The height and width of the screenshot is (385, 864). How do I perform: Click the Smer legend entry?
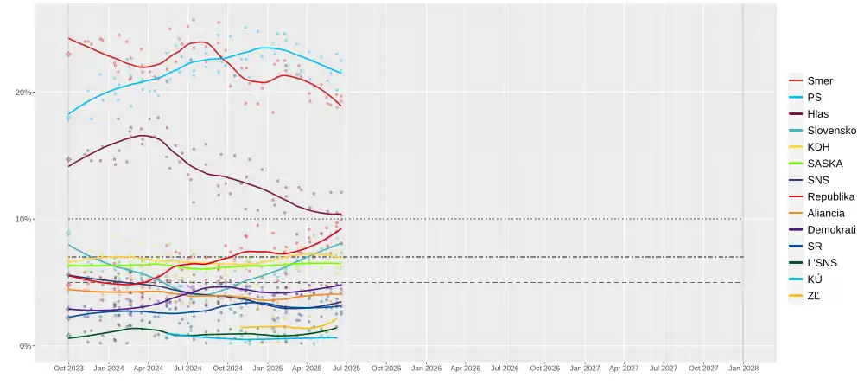tap(819, 80)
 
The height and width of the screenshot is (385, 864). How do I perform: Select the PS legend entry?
tap(814, 97)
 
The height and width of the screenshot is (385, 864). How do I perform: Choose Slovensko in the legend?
tap(831, 130)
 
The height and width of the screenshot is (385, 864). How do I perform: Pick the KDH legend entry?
tap(817, 147)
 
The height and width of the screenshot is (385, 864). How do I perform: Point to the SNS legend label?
tap(817, 180)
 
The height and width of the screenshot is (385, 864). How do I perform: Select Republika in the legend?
tap(830, 196)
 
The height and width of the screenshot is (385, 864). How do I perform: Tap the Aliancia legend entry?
tap(825, 213)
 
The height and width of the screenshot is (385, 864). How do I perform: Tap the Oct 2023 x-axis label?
tap(69, 368)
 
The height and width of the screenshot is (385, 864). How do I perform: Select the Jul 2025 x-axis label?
tap(346, 368)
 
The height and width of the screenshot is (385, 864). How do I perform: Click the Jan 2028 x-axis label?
tap(744, 368)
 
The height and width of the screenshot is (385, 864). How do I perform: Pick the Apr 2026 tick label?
tap(466, 368)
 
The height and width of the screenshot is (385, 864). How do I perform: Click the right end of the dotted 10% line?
tap(742, 219)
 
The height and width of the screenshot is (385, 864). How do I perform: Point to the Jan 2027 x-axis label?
tap(585, 368)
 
